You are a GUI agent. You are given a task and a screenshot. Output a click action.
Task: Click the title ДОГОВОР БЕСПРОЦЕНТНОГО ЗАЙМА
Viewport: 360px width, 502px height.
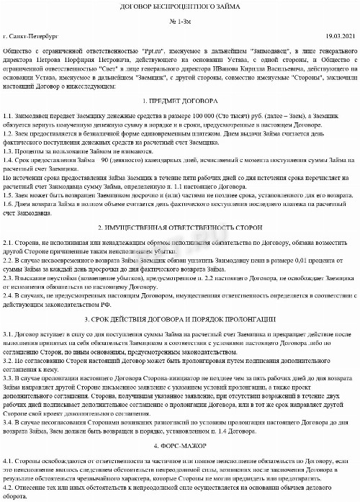click(180, 8)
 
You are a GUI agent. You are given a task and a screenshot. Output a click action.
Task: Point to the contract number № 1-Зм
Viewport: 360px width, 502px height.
click(180, 22)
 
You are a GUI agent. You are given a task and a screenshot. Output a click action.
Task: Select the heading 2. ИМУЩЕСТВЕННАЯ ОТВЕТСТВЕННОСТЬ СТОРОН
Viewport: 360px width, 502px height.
click(180, 207)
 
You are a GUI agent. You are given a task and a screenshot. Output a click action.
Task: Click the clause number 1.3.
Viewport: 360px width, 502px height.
click(8, 152)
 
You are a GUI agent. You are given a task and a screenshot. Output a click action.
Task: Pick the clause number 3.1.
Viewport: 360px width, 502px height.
click(8, 336)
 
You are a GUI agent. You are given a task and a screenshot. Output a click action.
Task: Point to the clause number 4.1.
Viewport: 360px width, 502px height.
click(8, 460)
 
